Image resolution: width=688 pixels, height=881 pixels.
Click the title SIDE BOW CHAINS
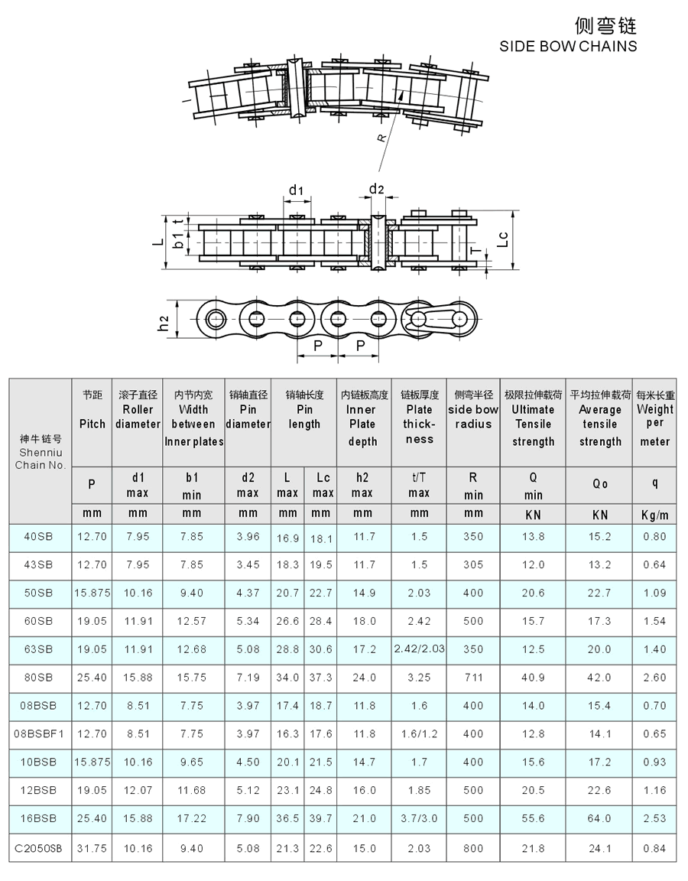click(568, 46)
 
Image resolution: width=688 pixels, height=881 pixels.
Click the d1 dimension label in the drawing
click(296, 190)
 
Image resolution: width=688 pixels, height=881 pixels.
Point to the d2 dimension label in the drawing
click(376, 189)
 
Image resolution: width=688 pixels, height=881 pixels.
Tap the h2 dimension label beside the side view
click(163, 323)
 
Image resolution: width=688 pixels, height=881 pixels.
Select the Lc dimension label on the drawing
click(503, 239)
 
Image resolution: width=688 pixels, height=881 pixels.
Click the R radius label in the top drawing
click(382, 138)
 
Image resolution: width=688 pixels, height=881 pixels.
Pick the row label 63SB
click(38, 649)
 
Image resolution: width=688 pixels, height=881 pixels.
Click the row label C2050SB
click(38, 848)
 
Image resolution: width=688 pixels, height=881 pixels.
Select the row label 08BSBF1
click(38, 734)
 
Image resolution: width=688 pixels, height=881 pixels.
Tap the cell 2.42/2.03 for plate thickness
click(419, 649)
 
